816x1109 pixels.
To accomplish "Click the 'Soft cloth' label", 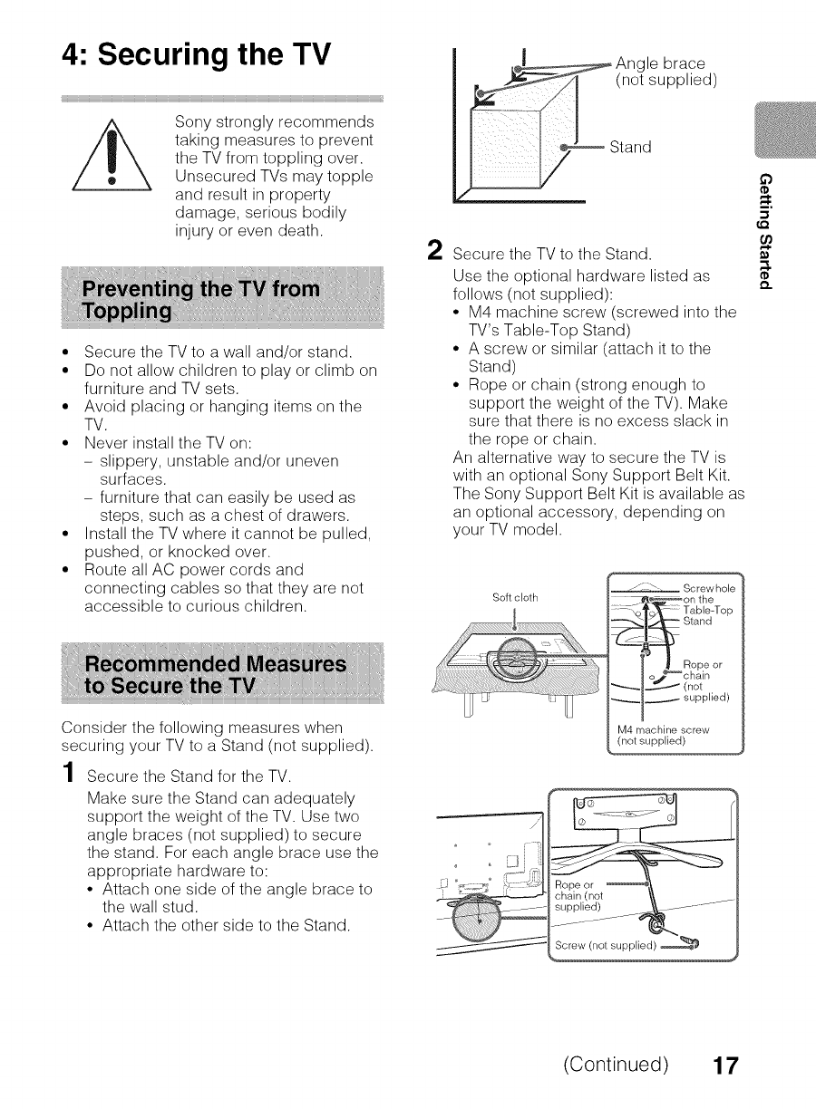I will click(x=514, y=597).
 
